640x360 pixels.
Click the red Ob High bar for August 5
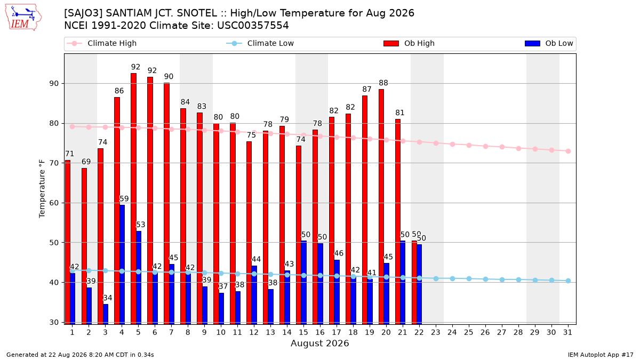click(133, 198)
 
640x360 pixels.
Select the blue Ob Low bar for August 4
click(122, 265)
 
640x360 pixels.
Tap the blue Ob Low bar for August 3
click(106, 314)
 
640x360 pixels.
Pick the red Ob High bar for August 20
click(381, 206)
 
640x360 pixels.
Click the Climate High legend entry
click(101, 43)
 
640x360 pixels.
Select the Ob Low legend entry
click(549, 43)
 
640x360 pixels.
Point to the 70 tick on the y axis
click(54, 163)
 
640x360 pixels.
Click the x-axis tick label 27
click(501, 332)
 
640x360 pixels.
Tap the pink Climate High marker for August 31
click(568, 151)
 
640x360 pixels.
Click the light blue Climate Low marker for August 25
click(469, 278)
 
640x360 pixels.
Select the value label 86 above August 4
click(119, 91)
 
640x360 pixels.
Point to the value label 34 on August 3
click(107, 298)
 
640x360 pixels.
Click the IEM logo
click(23, 18)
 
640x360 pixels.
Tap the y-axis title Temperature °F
click(42, 189)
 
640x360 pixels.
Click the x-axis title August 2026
click(319, 343)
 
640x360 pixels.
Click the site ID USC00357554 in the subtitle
click(253, 26)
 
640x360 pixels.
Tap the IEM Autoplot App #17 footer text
click(601, 355)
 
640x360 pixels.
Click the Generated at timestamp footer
click(80, 355)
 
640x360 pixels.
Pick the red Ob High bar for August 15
click(299, 235)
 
